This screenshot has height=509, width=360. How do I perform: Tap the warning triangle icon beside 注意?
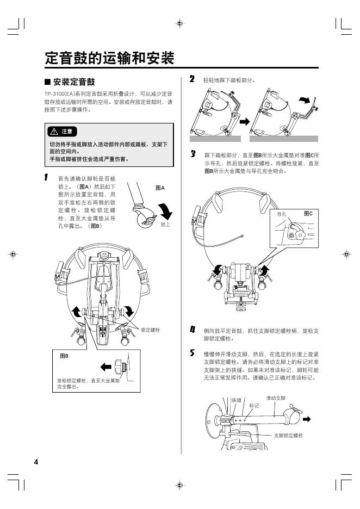pos(54,132)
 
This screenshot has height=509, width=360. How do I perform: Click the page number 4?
pos(36,462)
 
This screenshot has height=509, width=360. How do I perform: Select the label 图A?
pos(160,188)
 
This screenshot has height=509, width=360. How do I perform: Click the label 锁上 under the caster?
pos(166,224)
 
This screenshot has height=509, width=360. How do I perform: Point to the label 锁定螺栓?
pos(150,330)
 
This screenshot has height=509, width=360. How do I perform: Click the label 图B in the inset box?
pos(64,356)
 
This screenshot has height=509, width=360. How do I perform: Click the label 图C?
pos(308,214)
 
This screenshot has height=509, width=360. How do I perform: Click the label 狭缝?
pos(237,400)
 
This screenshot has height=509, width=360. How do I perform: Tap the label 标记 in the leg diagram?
pos(254,406)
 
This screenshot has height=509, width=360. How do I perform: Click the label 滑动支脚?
pos(276,398)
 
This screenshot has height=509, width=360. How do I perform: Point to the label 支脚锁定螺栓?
pos(288,436)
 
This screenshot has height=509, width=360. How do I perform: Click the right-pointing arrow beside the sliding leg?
pos(307,419)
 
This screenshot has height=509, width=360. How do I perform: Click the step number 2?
pos(192,79)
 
